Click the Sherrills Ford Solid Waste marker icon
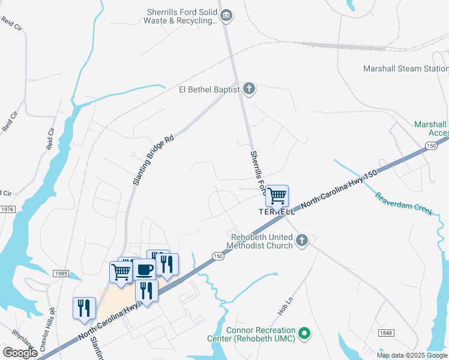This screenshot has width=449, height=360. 226,16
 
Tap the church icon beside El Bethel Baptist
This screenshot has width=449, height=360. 250,89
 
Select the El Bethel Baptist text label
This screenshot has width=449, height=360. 208,90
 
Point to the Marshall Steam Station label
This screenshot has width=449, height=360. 406,68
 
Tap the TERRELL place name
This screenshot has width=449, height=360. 276,212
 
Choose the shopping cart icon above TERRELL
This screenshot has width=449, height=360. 277,195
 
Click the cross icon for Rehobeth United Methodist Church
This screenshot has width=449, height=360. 302,241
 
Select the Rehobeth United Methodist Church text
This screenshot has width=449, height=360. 261,240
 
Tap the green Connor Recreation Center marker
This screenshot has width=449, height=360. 304,332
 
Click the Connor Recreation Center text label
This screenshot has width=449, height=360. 261,335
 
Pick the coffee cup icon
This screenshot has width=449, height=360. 145,270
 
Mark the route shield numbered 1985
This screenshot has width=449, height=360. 61,273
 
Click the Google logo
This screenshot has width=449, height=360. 20,353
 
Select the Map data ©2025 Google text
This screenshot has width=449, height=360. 412,355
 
